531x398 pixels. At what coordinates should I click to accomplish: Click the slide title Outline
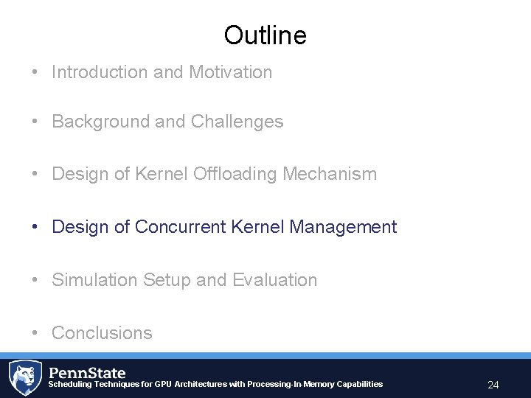pos(265,35)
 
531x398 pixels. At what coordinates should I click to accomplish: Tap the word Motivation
pos(230,72)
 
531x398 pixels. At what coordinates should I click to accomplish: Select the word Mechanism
pos(339,174)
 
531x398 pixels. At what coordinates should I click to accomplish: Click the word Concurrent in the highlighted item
pos(181,227)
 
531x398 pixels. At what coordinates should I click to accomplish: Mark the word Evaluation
pos(274,280)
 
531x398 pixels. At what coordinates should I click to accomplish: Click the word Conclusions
pos(102,333)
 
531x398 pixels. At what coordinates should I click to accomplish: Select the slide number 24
pos(493,385)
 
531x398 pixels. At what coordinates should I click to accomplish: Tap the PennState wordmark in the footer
pos(87,372)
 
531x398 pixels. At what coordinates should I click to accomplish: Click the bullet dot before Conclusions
pos(35,333)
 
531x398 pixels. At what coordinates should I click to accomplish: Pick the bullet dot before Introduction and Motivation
pos(35,72)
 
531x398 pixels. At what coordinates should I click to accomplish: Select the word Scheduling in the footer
pos(70,384)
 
